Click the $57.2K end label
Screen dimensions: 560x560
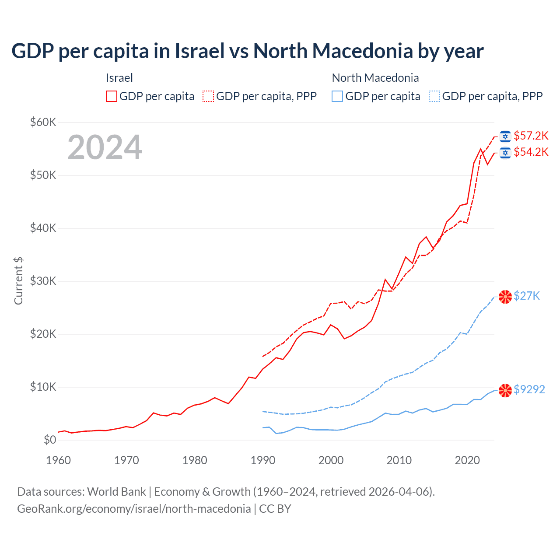coord(531,136)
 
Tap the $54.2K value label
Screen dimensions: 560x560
coord(531,152)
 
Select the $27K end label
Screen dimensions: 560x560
coord(527,296)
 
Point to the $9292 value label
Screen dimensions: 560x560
coord(529,389)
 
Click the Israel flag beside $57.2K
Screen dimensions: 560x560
coord(505,136)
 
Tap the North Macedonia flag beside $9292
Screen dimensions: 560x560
coord(505,390)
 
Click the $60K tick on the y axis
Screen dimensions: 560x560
coord(43,122)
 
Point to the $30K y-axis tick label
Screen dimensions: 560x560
coord(43,281)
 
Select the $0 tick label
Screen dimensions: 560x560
coord(50,440)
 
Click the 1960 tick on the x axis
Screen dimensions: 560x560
coord(58,460)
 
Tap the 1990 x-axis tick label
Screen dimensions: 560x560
coord(263,460)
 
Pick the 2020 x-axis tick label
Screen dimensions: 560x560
coord(467,460)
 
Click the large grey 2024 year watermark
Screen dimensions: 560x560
coord(105,147)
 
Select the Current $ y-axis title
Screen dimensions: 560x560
coord(18,280)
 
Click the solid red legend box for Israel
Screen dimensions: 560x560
coord(112,96)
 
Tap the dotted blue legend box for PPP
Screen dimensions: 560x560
coord(434,96)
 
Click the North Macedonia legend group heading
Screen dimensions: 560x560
coord(375,78)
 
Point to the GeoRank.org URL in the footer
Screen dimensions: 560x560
coord(134,509)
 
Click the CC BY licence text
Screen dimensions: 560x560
coord(275,509)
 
